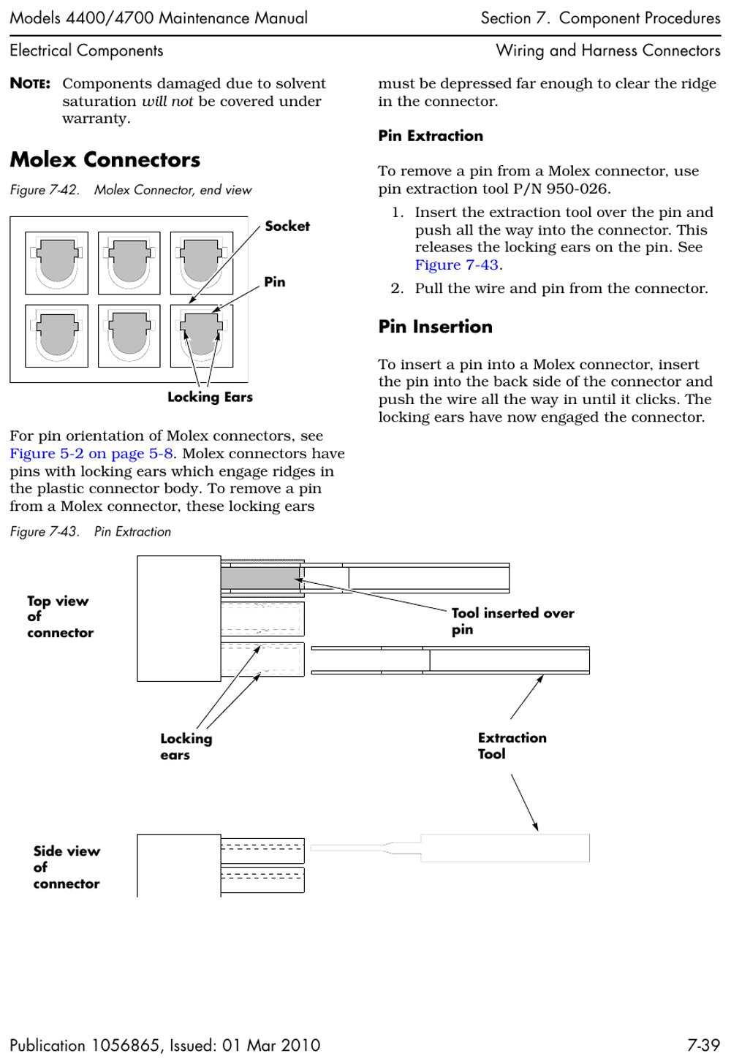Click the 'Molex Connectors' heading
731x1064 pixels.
(105, 159)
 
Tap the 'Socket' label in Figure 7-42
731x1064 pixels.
(287, 226)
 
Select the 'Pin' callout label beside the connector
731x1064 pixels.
(275, 281)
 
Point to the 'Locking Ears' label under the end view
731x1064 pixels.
(210, 397)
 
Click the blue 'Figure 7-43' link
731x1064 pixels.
(456, 265)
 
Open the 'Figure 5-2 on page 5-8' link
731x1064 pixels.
(91, 453)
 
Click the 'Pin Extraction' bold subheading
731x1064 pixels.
(431, 136)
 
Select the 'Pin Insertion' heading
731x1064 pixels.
(436, 327)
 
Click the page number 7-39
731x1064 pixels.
(703, 1045)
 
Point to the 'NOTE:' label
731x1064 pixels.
(30, 83)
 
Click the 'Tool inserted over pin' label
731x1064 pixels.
(513, 621)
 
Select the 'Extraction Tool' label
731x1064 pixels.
(512, 745)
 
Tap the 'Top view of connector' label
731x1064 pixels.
(61, 617)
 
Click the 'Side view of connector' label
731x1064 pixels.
(67, 867)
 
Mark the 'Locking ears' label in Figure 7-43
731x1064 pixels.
(186, 747)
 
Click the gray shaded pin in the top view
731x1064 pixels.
(260, 579)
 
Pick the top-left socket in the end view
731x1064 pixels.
(56, 262)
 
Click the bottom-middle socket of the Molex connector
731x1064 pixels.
(129, 336)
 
